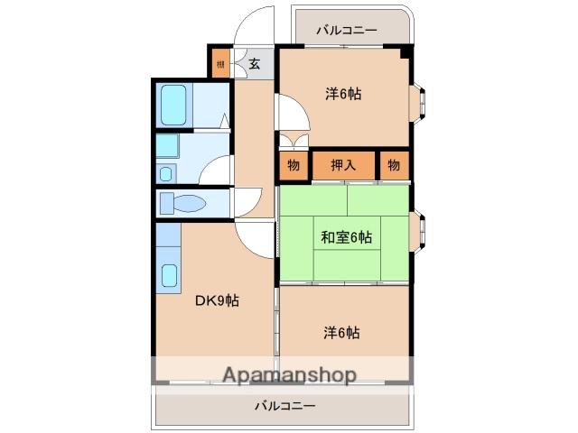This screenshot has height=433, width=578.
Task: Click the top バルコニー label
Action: [x=347, y=30]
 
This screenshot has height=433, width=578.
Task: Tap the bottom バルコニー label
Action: [x=284, y=406]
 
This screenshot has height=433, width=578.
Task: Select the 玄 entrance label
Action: [x=255, y=63]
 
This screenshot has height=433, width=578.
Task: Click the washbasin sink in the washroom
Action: [x=166, y=171]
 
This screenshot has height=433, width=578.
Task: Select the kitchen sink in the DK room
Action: [x=169, y=274]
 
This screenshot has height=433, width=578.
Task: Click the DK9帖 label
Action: [x=217, y=301]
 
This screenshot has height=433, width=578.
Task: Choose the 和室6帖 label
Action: [x=345, y=237]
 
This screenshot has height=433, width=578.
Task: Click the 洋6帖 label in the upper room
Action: [x=343, y=92]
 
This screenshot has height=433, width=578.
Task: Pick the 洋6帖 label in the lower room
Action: [x=342, y=332]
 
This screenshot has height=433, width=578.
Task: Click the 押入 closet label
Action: [x=343, y=164]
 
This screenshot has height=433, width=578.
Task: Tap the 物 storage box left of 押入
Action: [x=294, y=164]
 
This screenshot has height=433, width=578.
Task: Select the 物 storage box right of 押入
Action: [x=394, y=164]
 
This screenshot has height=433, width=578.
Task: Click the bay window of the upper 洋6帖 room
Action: [x=417, y=103]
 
